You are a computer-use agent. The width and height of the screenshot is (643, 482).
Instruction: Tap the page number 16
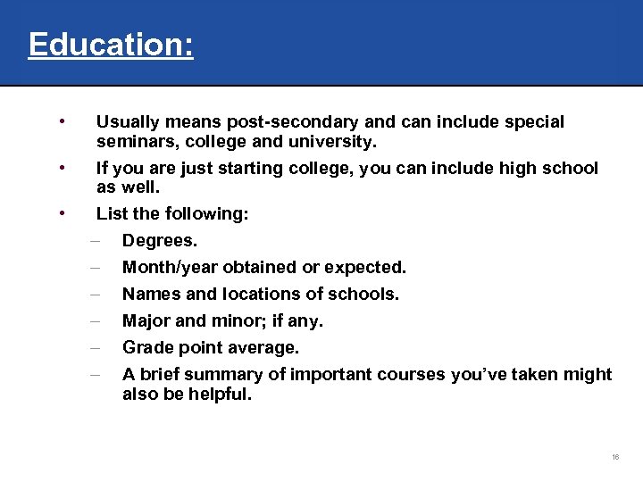click(x=615, y=457)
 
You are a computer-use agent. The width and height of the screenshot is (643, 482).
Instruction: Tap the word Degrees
click(x=160, y=241)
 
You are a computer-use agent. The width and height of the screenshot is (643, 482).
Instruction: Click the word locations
click(x=246, y=295)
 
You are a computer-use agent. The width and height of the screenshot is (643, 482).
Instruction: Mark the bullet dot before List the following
click(x=60, y=212)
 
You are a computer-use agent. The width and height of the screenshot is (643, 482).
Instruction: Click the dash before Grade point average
click(x=94, y=347)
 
